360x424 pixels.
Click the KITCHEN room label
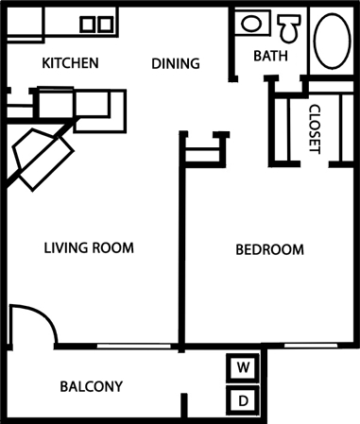[71, 64]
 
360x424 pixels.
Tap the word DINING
[177, 64]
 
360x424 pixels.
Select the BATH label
[269, 57]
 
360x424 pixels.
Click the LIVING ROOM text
[89, 248]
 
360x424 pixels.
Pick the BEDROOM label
[269, 250]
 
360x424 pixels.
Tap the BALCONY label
[92, 386]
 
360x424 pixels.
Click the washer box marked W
[243, 366]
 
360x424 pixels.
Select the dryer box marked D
[243, 400]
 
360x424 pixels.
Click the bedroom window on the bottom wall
[312, 347]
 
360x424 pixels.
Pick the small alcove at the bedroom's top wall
[205, 148]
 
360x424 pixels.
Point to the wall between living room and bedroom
[180, 246]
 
